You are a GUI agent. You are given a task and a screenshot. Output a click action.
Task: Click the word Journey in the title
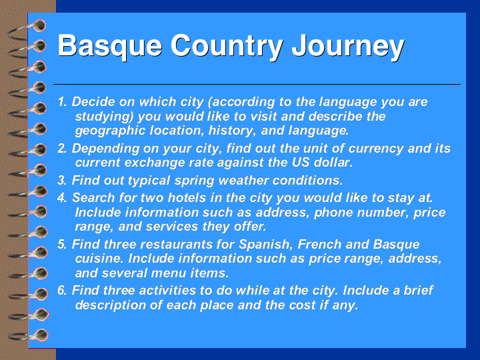point(348,47)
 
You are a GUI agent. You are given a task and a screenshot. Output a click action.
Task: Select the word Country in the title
point(227,47)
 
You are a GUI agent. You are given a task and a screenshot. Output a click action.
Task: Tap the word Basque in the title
point(110,47)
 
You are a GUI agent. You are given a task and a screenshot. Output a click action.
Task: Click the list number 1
point(62,102)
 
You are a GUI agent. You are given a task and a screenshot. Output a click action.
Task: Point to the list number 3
point(62,180)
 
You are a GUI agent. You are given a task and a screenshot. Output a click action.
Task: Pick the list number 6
point(62,291)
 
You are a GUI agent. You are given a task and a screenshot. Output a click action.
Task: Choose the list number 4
point(62,198)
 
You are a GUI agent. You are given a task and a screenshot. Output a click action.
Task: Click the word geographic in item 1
point(110,131)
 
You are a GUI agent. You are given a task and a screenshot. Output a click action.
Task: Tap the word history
point(233,131)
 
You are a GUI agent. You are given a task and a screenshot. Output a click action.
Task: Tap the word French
point(319,245)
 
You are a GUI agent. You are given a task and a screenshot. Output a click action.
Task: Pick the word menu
point(169,273)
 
